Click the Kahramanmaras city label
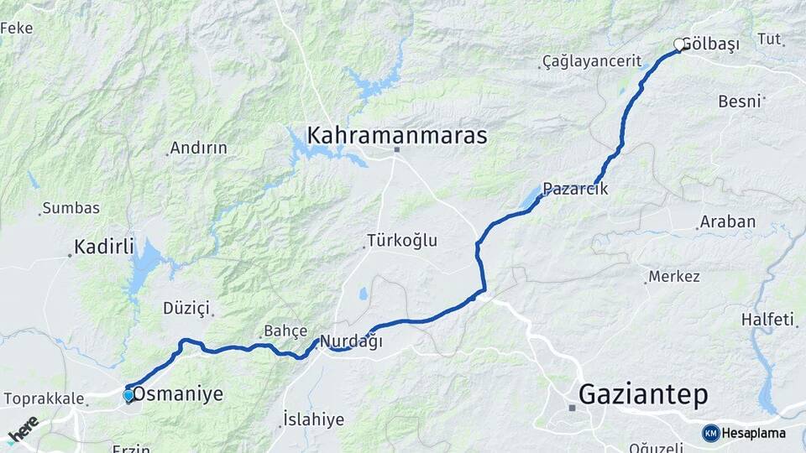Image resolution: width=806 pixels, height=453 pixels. point(396,135)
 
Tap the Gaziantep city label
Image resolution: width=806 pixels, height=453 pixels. point(643,394)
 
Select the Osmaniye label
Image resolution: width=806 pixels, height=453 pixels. point(179,393)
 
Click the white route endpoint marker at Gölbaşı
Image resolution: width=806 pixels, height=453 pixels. point(679,44)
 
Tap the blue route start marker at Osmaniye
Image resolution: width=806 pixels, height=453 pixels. point(128,395)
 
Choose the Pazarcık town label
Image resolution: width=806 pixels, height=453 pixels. point(575,189)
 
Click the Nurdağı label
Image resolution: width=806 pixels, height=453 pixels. point(351,341)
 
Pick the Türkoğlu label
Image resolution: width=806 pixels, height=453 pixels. point(403,241)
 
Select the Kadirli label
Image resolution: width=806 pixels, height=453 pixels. point(104,247)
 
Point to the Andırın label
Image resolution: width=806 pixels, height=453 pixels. point(199,148)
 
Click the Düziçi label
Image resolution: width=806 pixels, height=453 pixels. point(186,308)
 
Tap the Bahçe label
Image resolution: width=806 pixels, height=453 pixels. point(285,331)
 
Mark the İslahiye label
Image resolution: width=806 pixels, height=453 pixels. point(313,419)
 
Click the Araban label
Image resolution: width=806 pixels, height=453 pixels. point(729,222)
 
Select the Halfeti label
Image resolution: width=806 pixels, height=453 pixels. point(767,319)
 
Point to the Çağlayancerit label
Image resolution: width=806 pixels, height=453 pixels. point(592,61)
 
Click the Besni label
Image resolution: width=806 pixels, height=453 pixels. point(739,102)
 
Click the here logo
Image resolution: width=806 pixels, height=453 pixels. point(23,430)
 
